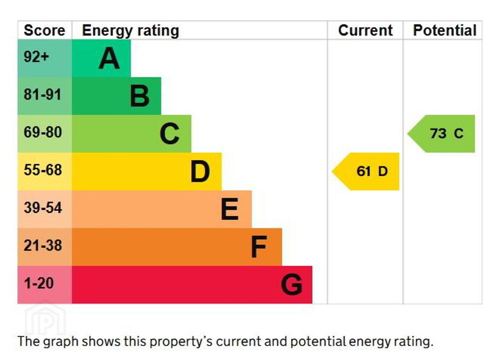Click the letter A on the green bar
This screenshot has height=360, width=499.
click(x=109, y=59)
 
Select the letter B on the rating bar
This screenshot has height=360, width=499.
click(x=139, y=96)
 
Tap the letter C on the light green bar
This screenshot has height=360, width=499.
click(x=170, y=133)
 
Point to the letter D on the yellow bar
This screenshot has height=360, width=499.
click(x=200, y=171)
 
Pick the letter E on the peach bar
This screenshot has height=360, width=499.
click(x=230, y=209)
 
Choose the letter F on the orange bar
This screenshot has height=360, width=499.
click(x=259, y=247)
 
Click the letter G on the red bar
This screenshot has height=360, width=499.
click(x=291, y=285)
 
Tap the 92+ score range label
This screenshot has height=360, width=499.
click(x=37, y=57)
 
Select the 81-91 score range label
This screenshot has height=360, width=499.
click(x=42, y=95)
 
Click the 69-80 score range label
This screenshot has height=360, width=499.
click(x=43, y=133)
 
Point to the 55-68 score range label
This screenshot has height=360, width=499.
click(x=43, y=171)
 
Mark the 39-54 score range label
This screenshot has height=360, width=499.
click(x=43, y=208)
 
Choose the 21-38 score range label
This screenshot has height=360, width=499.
click(x=43, y=246)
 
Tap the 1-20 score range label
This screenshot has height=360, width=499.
click(x=38, y=283)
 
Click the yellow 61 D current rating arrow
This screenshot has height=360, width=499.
click(x=367, y=171)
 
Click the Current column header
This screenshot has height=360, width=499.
click(x=365, y=31)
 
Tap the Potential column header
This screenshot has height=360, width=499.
click(x=444, y=31)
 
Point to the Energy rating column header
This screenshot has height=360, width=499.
click(x=131, y=31)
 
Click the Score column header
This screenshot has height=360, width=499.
click(x=44, y=31)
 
